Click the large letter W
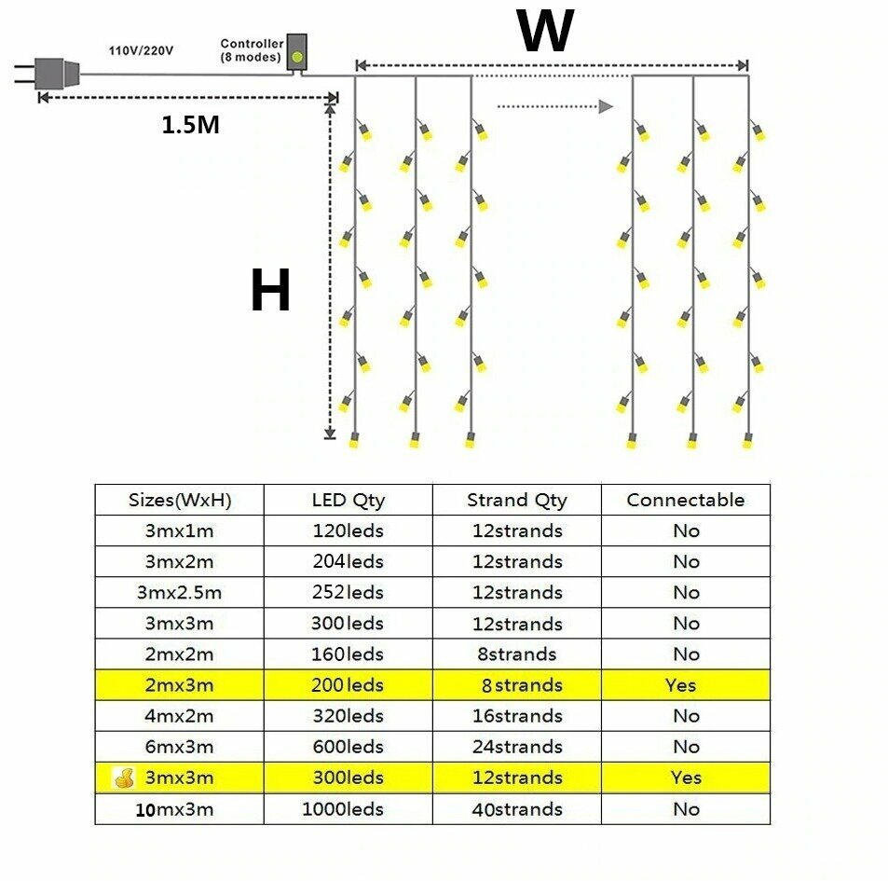(x=545, y=32)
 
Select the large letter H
(x=270, y=291)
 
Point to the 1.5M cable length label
(x=191, y=125)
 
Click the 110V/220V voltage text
(x=140, y=49)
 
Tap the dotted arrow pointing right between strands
(x=554, y=106)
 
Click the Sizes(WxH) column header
(x=179, y=500)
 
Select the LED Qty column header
(x=348, y=500)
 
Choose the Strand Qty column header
(x=516, y=500)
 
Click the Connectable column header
(x=686, y=500)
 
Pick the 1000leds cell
(x=342, y=808)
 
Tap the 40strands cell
(x=516, y=808)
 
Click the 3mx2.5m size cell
(x=179, y=592)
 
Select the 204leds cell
(x=348, y=561)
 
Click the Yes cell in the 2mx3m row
(x=681, y=685)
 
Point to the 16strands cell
(x=516, y=716)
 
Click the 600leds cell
(x=348, y=747)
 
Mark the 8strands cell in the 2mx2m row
(x=516, y=654)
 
